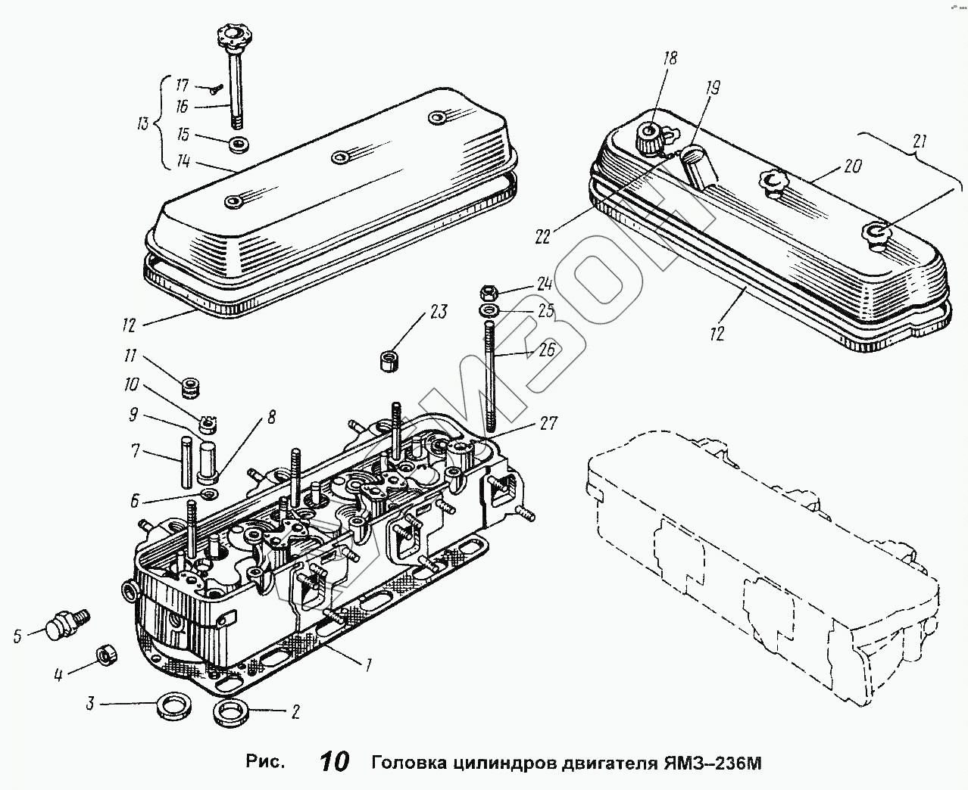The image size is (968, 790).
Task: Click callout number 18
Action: click(x=670, y=58)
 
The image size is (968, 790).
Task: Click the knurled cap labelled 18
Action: click(x=649, y=137)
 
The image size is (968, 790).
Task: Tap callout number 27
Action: click(x=549, y=423)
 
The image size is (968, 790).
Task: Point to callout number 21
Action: click(x=919, y=141)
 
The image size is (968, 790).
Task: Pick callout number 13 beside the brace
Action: click(x=143, y=123)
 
